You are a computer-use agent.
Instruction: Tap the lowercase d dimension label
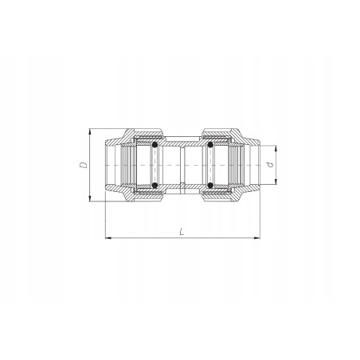tap(272, 166)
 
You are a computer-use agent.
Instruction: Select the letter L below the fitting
tap(182, 232)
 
